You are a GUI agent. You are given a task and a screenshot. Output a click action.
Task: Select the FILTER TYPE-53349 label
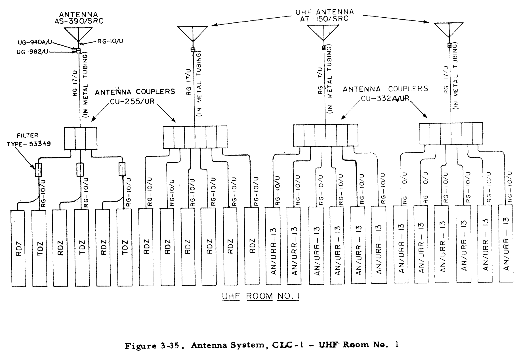point(28,140)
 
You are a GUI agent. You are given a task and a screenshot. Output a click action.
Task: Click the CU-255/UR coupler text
point(132,101)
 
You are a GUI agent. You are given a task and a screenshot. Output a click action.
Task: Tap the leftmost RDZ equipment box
point(18,248)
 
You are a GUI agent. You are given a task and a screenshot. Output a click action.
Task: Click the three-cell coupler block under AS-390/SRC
point(81,138)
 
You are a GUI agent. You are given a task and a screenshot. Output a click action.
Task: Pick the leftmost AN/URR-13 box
point(273,246)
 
